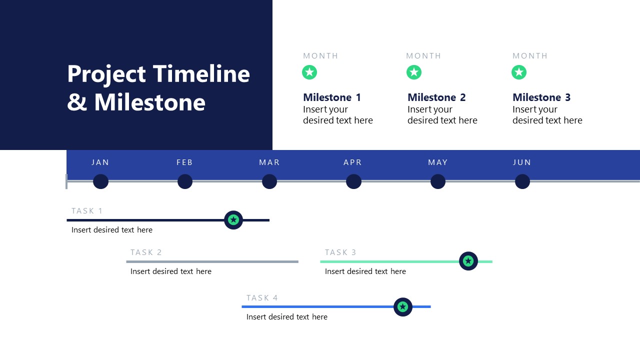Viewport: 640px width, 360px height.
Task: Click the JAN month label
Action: (100, 162)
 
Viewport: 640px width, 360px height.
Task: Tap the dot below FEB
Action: (185, 181)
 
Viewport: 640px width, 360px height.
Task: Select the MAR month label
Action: (269, 162)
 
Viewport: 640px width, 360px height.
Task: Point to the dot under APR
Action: (353, 181)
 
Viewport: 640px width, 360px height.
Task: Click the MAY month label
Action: (438, 162)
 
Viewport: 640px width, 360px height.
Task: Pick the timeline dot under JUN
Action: (522, 181)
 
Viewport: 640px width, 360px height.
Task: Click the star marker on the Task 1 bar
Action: (233, 220)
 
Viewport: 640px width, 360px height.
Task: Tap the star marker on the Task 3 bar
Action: (468, 261)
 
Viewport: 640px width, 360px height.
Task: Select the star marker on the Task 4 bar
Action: (403, 307)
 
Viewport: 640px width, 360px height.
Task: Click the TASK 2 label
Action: (146, 252)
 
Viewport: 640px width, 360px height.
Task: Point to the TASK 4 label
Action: (262, 298)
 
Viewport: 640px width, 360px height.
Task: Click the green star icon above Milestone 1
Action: (309, 72)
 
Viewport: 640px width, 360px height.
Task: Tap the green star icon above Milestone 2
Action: (414, 72)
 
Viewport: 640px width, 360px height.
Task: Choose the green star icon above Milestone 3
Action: (519, 72)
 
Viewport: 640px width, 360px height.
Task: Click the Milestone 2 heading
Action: (436, 97)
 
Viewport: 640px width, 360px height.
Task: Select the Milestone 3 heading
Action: (541, 97)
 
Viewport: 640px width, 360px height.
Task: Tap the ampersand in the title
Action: (76, 102)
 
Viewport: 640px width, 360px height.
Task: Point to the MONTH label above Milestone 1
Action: (320, 56)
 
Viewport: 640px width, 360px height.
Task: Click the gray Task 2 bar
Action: (212, 261)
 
